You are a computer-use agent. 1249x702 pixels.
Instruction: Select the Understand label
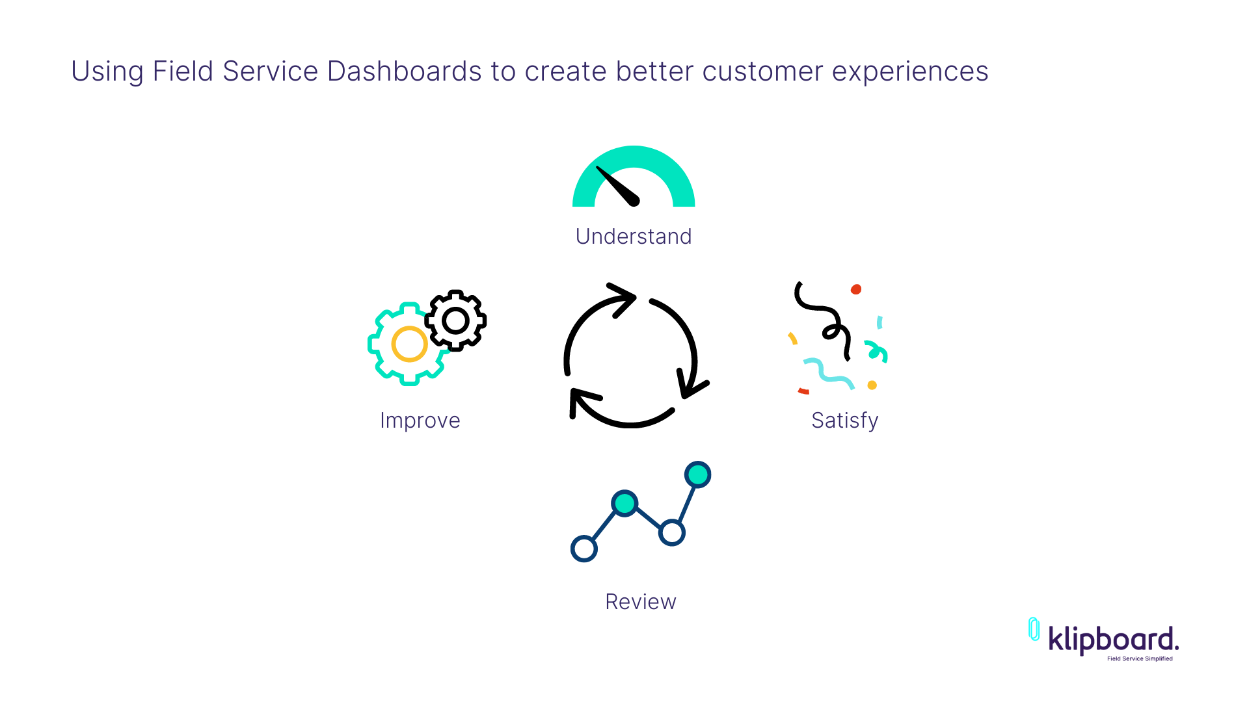634,236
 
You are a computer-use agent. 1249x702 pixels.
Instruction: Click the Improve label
420,421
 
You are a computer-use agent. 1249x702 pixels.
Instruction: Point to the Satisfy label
845,421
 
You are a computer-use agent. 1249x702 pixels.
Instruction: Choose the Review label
641,602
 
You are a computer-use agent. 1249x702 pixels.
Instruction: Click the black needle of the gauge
619,187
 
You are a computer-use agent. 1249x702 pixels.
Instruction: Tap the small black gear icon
455,320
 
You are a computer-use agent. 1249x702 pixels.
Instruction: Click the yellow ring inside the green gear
409,344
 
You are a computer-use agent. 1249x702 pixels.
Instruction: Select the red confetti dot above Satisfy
856,289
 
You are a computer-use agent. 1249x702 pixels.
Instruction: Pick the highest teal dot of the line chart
698,474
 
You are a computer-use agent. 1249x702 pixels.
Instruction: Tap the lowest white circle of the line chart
584,549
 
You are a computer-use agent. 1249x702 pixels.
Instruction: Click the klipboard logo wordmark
1113,640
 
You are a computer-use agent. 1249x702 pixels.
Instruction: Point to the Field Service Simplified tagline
1140,658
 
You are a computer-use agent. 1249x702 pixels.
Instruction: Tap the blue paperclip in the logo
1034,629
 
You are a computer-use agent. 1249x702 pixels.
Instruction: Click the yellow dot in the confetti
872,385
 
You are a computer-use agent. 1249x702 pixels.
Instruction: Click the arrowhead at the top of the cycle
623,298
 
